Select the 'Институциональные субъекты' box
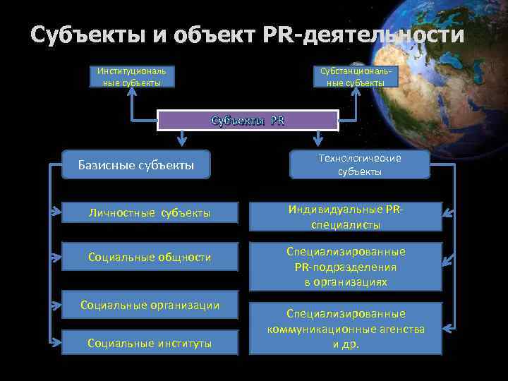pos(132,77)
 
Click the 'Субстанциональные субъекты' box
pos(356,77)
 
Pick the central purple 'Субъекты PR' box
pos(248,121)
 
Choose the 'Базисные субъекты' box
pos(136,165)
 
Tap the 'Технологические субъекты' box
pos(359,165)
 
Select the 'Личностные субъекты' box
pos(149,212)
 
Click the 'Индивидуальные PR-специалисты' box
pos(346,217)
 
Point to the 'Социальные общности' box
pos(149,258)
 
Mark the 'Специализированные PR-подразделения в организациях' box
pos(346,266)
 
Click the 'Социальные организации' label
pos(150,305)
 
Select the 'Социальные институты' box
pos(149,343)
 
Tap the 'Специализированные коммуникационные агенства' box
pos(346,329)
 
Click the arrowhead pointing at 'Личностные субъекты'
pos(56,211)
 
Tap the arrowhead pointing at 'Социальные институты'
pos(56,342)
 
